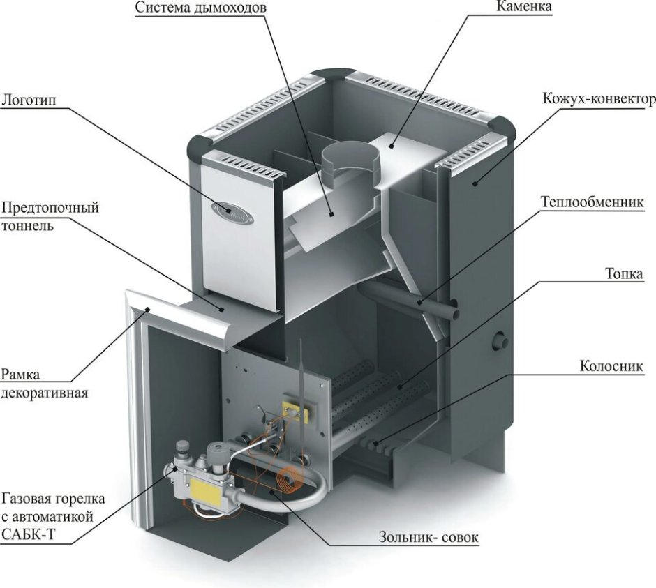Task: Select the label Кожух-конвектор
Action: coord(599,99)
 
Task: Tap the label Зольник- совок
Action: coord(429,538)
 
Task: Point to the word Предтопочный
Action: coord(50,208)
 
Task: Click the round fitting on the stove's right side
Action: coord(500,341)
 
